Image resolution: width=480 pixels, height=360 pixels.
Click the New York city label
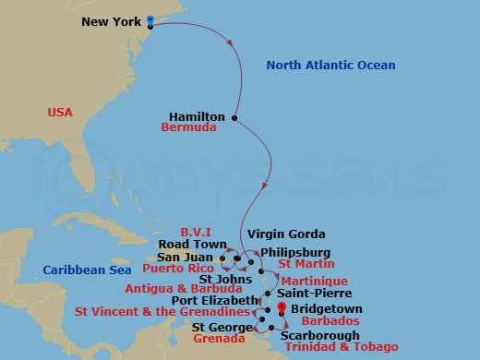pyautogui.click(x=112, y=21)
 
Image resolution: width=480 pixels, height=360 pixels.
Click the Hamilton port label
pyautogui.click(x=198, y=117)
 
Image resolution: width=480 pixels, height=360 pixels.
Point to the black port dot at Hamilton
pyautogui.click(x=235, y=117)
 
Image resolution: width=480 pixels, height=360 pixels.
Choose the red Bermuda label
pyautogui.click(x=188, y=129)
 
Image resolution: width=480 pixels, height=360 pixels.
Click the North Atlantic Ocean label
pyautogui.click(x=330, y=66)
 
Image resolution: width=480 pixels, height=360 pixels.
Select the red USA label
pyautogui.click(x=61, y=113)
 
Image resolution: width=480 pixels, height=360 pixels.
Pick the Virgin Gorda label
pyautogui.click(x=283, y=235)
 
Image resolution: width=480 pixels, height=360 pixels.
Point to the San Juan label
pyautogui.click(x=188, y=257)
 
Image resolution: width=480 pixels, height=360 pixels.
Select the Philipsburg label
pyautogui.click(x=295, y=250)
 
